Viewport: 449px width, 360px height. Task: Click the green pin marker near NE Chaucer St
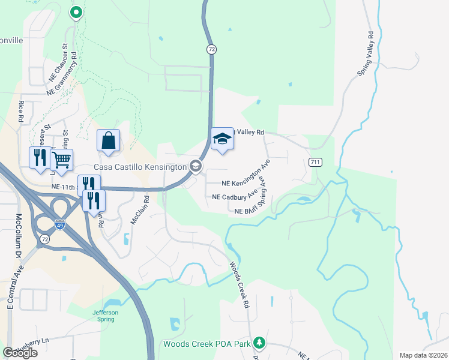76,12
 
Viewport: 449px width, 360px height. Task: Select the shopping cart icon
62,160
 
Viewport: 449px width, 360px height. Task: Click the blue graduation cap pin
222,139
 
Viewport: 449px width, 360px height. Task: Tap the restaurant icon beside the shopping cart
40,158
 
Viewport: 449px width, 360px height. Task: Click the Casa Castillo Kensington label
140,166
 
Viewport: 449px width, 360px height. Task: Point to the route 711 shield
316,162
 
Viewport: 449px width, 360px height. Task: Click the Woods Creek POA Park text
206,344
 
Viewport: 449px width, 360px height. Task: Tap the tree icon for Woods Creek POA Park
259,343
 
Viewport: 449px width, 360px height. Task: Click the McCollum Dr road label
18,237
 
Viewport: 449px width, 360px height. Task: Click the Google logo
20,352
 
